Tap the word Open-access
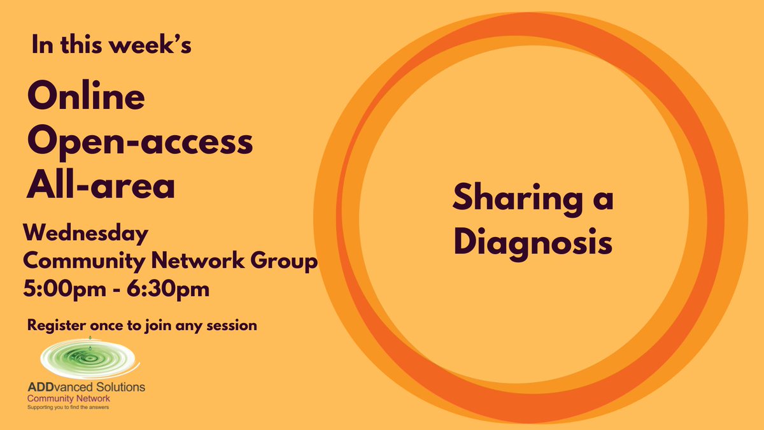pos(139,143)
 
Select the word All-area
pos(100,185)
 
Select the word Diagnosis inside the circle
pos(532,243)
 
